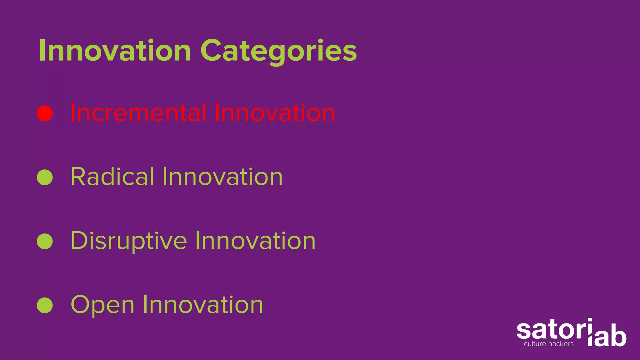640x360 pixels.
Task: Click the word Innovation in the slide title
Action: pyautogui.click(x=114, y=51)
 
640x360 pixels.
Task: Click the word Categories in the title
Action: pyautogui.click(x=278, y=52)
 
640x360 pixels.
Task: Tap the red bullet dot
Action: pyautogui.click(x=45, y=113)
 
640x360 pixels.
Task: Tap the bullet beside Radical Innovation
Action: pyautogui.click(x=45, y=177)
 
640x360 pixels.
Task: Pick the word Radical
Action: pyautogui.click(x=112, y=177)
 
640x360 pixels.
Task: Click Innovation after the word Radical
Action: pyautogui.click(x=222, y=177)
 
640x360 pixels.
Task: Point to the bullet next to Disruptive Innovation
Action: pyautogui.click(x=45, y=241)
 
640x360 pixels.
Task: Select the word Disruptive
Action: pyautogui.click(x=129, y=241)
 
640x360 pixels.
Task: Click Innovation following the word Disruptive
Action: pyautogui.click(x=255, y=241)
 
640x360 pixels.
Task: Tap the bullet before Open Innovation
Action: pyautogui.click(x=45, y=305)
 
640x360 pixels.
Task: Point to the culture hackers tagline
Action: pyautogui.click(x=549, y=344)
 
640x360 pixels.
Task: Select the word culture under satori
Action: pyautogui.click(x=535, y=344)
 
